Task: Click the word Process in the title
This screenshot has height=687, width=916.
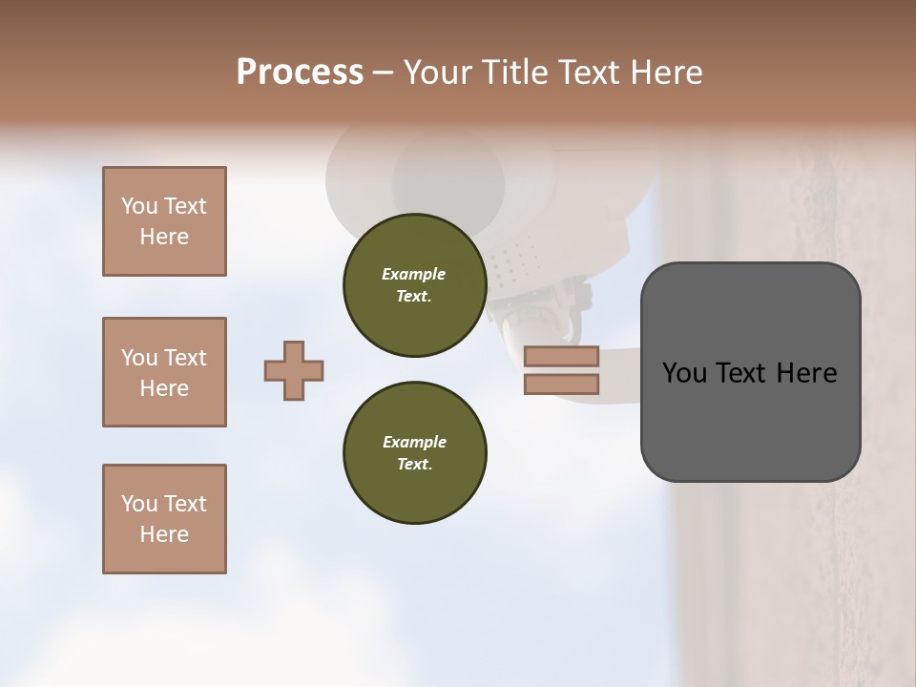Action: pos(300,73)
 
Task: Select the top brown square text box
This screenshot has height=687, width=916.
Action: pos(164,221)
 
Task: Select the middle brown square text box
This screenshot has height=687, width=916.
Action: pos(164,372)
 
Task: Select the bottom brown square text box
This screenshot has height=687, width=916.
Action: pos(164,519)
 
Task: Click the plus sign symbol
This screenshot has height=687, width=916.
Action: pos(294,370)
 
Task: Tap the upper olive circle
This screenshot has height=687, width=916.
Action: pos(414,285)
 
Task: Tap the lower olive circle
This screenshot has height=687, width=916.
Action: pos(414,453)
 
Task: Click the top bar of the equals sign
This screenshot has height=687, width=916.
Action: pos(561,356)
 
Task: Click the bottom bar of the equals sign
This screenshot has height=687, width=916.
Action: pos(561,384)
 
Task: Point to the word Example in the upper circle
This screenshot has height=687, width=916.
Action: pos(414,274)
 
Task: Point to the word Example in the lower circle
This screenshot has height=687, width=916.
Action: pos(414,442)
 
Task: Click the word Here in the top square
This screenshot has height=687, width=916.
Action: pos(164,237)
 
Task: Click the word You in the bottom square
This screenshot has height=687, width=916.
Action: pos(139,504)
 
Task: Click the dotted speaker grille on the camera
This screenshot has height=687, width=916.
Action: pos(515,259)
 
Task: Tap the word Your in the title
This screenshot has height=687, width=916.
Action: pos(435,73)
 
